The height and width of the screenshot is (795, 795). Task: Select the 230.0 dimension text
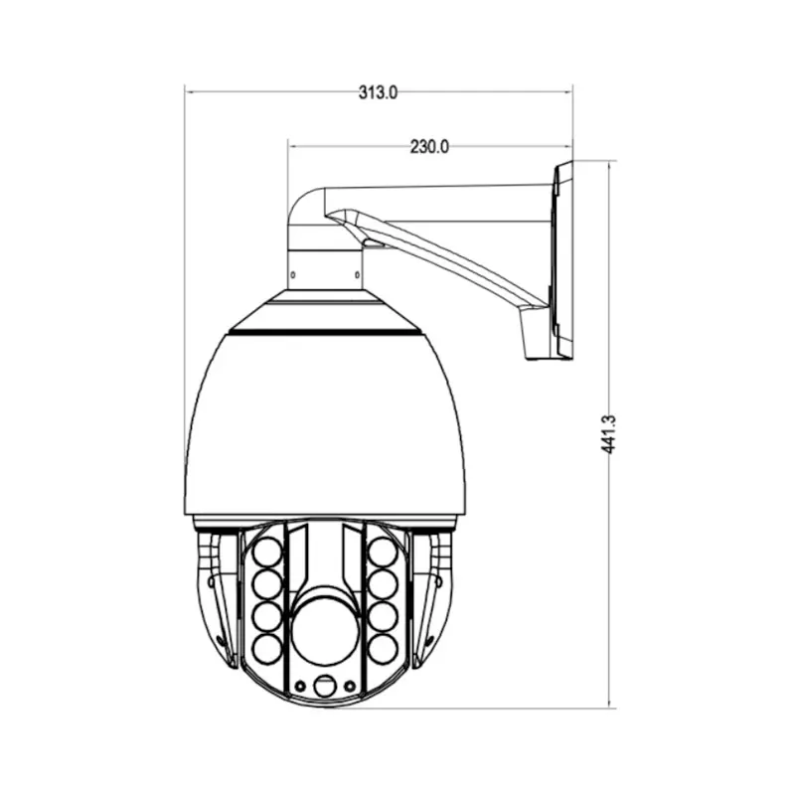pyautogui.click(x=430, y=146)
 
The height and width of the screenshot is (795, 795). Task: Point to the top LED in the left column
pyautogui.click(x=266, y=549)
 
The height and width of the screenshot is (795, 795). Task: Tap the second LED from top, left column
pyautogui.click(x=266, y=582)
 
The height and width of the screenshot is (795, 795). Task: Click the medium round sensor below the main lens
pyautogui.click(x=323, y=687)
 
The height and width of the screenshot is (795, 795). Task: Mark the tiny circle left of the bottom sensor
pyautogui.click(x=298, y=686)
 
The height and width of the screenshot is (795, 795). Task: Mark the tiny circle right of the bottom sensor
pyautogui.click(x=349, y=686)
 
